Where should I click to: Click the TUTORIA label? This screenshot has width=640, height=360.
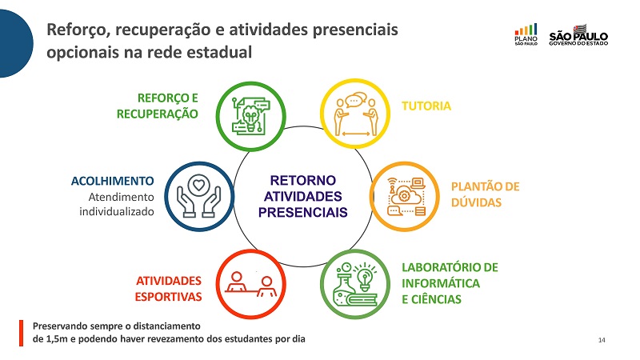(426, 106)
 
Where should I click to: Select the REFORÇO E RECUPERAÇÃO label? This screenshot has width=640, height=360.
(158, 106)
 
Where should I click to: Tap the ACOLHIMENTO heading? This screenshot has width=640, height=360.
(113, 181)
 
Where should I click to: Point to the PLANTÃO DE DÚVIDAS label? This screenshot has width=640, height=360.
(486, 194)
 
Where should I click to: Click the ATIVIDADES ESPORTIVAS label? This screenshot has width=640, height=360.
(169, 289)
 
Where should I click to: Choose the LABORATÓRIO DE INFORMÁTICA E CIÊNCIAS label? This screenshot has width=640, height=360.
(450, 283)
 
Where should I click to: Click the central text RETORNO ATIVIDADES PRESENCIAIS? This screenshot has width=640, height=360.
(303, 196)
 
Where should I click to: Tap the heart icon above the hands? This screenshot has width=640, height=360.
(198, 185)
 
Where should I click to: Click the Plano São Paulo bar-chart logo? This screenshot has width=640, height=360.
(526, 34)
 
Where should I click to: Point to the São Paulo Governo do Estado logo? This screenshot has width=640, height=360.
(578, 35)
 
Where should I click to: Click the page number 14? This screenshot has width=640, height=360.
(602, 340)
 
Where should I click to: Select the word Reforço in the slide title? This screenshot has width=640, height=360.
(78, 30)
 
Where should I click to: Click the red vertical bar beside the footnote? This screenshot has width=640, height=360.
(22, 333)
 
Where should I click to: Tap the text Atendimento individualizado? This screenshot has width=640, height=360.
(117, 205)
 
